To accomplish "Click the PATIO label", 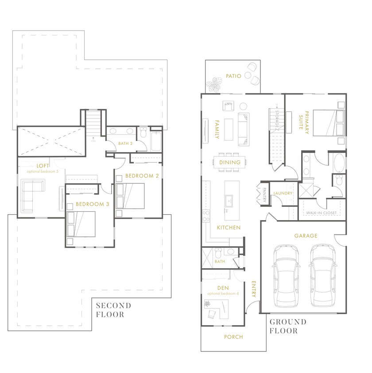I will [x=233, y=76].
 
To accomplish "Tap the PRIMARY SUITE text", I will [x=303, y=122].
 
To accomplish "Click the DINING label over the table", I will [x=230, y=162].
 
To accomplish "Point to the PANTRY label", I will [x=264, y=195].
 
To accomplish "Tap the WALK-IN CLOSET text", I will [x=321, y=213].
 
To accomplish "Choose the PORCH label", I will [x=233, y=337].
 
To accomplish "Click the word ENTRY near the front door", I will [x=254, y=290].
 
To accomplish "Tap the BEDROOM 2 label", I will [x=142, y=175].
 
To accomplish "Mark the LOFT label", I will [x=43, y=165].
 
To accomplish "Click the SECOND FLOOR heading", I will [x=113, y=310].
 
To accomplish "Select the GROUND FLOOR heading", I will [x=288, y=326].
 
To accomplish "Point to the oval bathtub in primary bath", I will [x=337, y=164].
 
